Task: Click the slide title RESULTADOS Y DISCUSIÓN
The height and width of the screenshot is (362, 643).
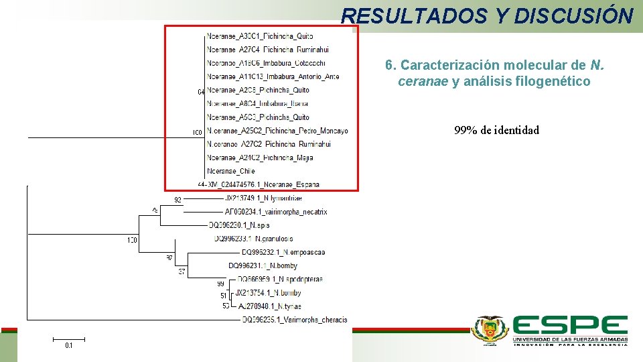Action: click(487, 15)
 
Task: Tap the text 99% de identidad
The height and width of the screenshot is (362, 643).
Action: click(496, 130)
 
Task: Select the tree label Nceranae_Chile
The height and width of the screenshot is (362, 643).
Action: click(231, 171)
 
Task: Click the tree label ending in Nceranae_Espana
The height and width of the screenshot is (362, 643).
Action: click(263, 184)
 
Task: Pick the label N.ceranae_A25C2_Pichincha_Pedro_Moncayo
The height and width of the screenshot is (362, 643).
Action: click(278, 130)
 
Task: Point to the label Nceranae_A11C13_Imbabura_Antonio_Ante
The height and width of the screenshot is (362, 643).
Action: click(273, 76)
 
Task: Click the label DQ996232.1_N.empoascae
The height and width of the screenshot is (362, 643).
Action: click(283, 253)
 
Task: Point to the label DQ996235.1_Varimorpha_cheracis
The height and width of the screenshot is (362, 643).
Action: click(295, 320)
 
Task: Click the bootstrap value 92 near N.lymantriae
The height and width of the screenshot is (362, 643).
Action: click(177, 200)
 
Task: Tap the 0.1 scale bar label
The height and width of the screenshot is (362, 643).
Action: click(69, 345)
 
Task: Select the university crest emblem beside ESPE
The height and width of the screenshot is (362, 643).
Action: click(490, 330)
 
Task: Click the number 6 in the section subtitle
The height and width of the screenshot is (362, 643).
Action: click(388, 66)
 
